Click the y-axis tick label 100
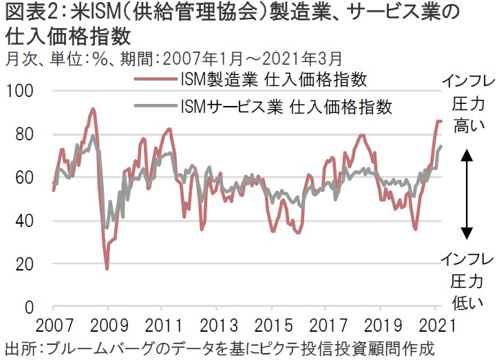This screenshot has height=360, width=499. pyautogui.click(x=20, y=91)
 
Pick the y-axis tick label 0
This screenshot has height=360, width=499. pyautogui.click(x=29, y=307)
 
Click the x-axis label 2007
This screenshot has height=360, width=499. pyautogui.click(x=54, y=325)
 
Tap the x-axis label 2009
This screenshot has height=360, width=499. pyautogui.click(x=108, y=325)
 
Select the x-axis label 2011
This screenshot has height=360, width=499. pyautogui.click(x=162, y=325)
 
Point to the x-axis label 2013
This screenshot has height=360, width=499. pyautogui.click(x=216, y=325)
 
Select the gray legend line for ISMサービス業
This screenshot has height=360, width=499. pyautogui.click(x=154, y=107)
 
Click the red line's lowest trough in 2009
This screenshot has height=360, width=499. pyautogui.click(x=107, y=268)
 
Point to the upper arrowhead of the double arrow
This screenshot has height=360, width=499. pyautogui.click(x=467, y=155)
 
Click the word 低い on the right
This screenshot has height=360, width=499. pyautogui.click(x=467, y=299)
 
